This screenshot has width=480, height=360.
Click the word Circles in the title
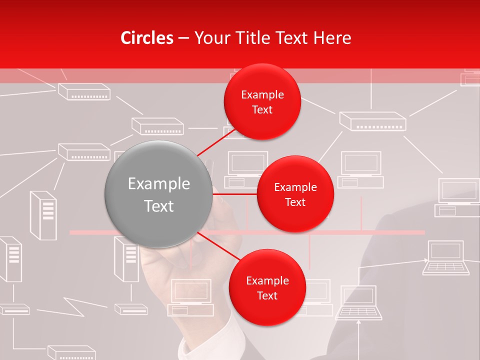click(x=147, y=38)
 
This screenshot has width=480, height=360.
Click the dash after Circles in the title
click(x=183, y=38)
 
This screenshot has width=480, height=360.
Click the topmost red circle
click(x=262, y=102)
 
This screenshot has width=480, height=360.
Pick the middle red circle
click(x=295, y=194)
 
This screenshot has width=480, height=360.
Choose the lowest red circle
click(x=267, y=287)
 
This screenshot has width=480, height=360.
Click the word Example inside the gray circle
click(x=159, y=184)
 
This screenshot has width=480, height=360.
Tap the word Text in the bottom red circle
click(x=267, y=295)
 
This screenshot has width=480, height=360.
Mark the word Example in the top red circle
click(x=262, y=95)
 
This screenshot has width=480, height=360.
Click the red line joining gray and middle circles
click(x=235, y=194)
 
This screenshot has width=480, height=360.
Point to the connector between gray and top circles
click(x=217, y=142)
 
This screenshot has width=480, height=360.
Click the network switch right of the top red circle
click(x=372, y=121)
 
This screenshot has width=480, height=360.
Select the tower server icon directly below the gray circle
click(x=126, y=259)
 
